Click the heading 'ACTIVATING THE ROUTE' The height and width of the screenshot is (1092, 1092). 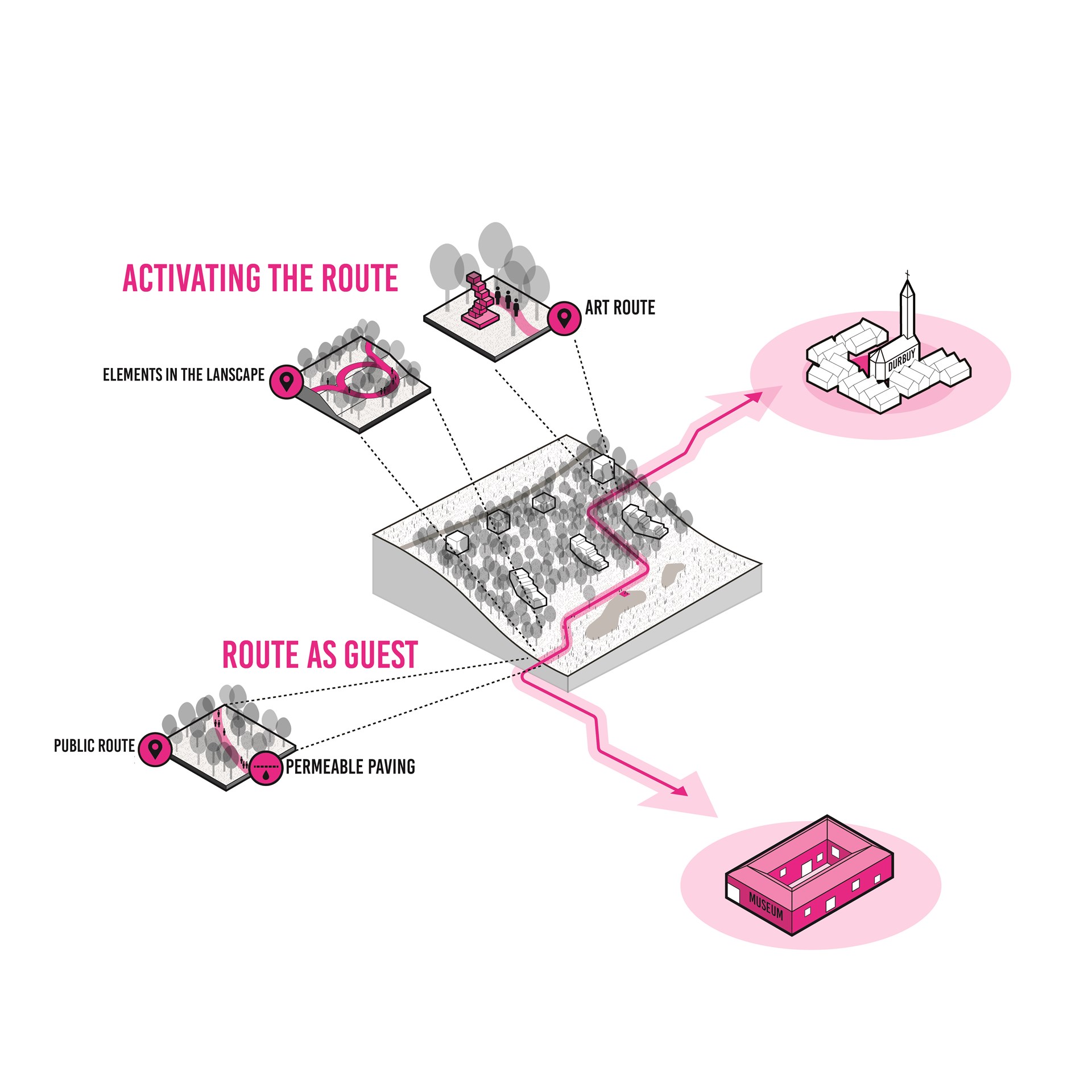tap(260, 278)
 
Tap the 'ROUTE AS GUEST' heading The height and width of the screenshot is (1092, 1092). tap(320, 655)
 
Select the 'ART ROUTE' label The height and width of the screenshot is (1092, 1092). tap(620, 308)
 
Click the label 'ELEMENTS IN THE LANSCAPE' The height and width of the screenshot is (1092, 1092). tap(184, 375)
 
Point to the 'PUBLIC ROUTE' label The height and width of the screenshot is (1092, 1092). tap(94, 746)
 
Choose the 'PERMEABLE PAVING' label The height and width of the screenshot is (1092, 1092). tap(350, 767)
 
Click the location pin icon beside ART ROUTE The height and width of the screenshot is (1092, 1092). tap(564, 318)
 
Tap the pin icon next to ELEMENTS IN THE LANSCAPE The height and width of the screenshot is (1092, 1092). tap(286, 381)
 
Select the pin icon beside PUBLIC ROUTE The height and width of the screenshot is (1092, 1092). tap(155, 749)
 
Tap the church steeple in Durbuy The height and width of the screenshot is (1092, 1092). tap(908, 310)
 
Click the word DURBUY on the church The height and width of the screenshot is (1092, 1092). tap(901, 360)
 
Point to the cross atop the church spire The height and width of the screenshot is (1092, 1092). tap(907, 274)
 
